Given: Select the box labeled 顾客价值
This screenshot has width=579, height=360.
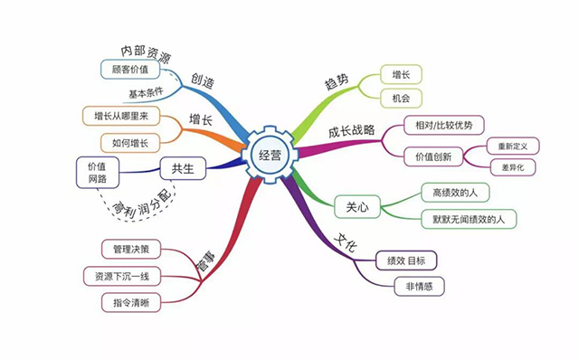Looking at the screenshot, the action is coord(129,69).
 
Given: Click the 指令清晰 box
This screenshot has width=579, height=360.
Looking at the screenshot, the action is coord(132,301).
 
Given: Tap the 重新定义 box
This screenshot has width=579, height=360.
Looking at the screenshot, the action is coord(511,145).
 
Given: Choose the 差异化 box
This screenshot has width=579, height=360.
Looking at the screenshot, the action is coord(511,168).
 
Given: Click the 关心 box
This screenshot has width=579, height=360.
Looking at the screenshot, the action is coord(356,205).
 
